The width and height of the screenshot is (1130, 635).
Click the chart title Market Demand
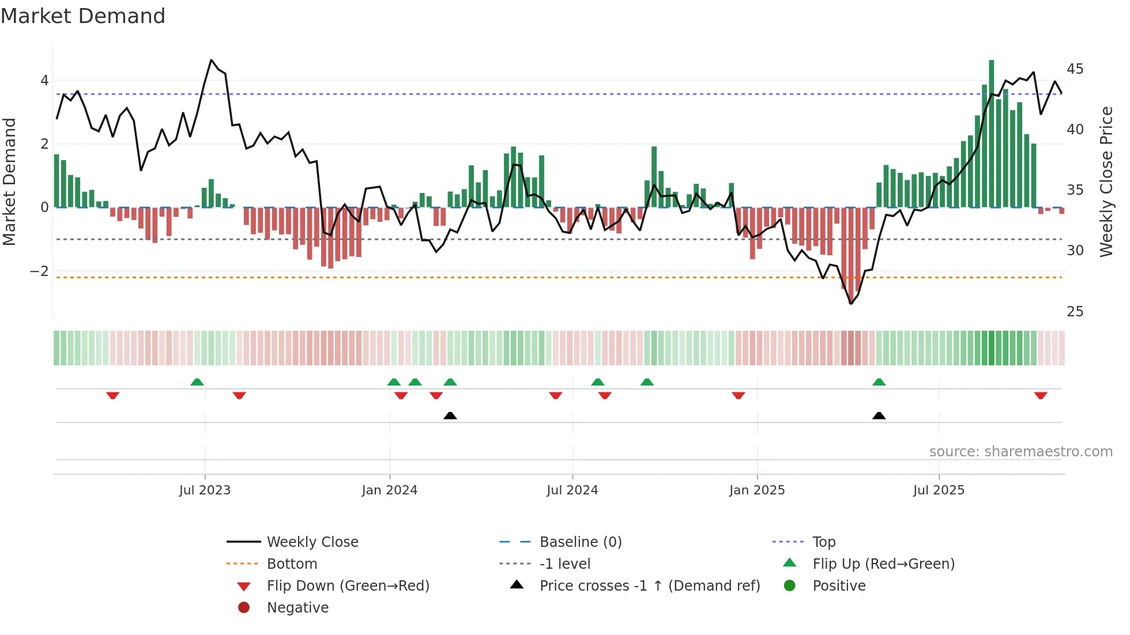83,16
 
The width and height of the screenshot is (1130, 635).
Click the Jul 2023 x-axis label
205,490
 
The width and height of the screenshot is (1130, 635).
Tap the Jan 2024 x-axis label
389,490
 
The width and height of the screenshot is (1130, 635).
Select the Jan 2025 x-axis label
756,490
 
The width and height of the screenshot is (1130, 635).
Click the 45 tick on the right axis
1075,69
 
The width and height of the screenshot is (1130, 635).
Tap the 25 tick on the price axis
1075,312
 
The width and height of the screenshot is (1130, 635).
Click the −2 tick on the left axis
39,271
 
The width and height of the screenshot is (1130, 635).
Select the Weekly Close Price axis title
1106,182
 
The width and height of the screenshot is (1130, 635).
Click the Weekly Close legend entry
312,542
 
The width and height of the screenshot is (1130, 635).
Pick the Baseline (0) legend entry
580,542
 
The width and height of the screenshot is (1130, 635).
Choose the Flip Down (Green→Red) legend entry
348,586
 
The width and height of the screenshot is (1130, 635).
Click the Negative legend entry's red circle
244,608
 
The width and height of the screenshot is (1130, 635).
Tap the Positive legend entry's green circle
790,586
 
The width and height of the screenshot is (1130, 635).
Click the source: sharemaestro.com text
1020,452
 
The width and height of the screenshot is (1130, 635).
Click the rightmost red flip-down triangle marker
1040,395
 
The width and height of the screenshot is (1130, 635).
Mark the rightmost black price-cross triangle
879,415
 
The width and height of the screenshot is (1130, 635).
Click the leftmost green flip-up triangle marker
197,382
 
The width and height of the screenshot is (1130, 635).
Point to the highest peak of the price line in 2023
212,60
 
